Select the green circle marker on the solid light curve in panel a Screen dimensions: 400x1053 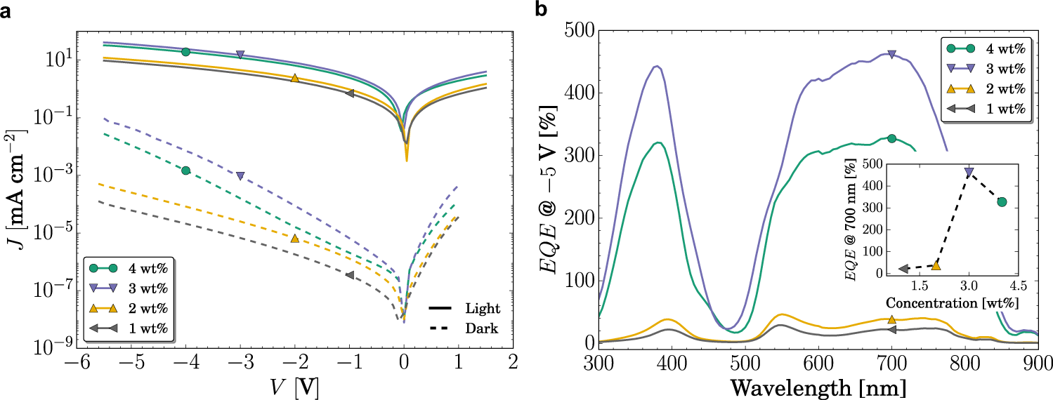[185, 52]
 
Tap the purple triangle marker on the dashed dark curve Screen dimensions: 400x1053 [240, 175]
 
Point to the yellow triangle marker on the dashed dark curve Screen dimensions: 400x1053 [294, 239]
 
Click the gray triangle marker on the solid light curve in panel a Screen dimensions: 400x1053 [349, 93]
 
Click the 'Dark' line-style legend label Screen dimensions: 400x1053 [480, 328]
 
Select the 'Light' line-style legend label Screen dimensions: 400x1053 [482, 308]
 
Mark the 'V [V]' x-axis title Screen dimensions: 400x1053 [294, 387]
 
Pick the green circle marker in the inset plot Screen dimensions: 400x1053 [1002, 202]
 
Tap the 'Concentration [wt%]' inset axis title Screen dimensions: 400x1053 [952, 303]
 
